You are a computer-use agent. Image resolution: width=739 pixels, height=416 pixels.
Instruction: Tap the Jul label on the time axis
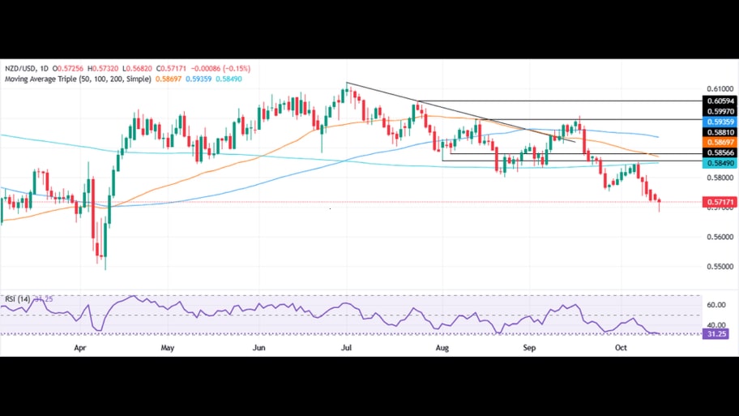coord(346,347)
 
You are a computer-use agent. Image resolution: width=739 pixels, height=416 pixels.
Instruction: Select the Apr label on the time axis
coord(79,347)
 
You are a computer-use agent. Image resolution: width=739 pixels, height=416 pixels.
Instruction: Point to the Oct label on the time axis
coord(621,347)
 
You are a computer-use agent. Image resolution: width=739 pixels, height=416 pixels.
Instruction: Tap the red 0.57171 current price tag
coord(718,202)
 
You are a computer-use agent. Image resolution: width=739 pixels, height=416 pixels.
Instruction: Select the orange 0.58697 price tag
coord(718,141)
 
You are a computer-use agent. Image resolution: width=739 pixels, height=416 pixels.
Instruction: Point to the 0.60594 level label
coord(718,101)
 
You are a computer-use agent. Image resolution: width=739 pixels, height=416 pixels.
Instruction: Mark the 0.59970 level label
coord(718,111)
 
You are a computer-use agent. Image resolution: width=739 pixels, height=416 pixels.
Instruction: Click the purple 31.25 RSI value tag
coord(717,333)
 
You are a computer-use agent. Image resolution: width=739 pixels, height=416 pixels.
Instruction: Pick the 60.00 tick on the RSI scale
coord(716,305)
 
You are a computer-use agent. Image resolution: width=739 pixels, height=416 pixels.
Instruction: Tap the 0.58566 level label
coord(718,152)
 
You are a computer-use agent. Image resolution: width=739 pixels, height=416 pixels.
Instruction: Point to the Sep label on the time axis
coord(528,347)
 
